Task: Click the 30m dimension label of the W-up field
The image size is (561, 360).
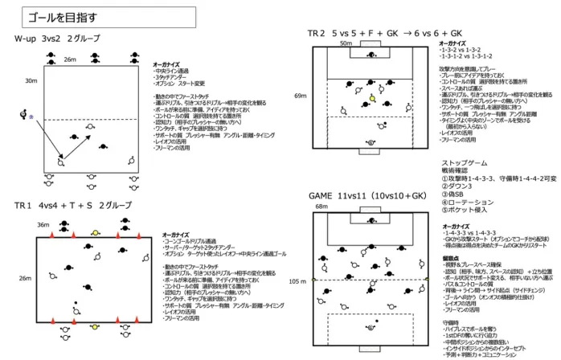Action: pos(31,81)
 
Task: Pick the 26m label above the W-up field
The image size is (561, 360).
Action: pos(69,59)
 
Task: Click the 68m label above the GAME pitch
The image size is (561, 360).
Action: pos(321,207)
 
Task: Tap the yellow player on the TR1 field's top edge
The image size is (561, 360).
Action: pos(96,232)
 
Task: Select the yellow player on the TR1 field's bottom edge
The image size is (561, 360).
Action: pos(96,327)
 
